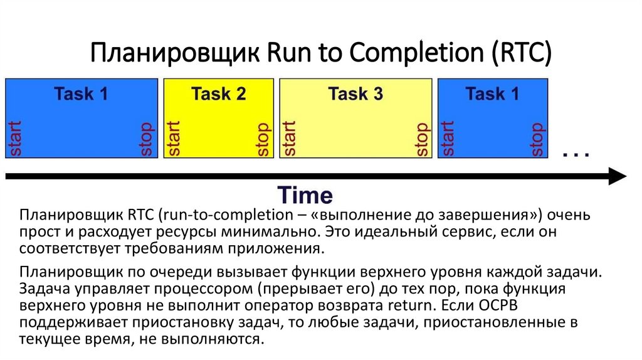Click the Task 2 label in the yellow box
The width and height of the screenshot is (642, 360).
tap(218, 94)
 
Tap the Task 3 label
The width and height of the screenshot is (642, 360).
tap(355, 94)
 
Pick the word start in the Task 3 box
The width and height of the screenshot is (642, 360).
tap(290, 138)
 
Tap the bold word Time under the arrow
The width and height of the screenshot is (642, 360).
tap(305, 195)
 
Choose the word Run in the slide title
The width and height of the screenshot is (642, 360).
tap(287, 53)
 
